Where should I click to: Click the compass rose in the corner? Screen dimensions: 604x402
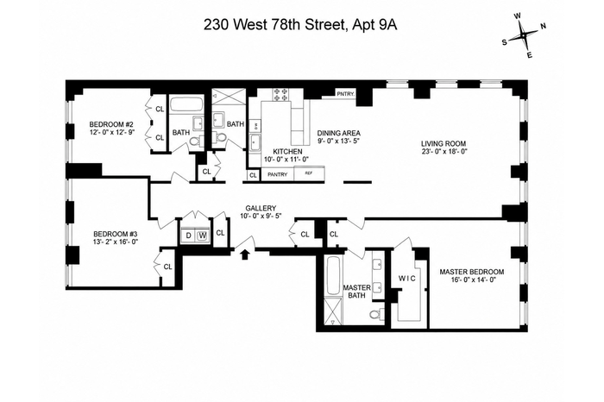click(x=524, y=35)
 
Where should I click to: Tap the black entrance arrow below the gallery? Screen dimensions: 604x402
click(x=244, y=254)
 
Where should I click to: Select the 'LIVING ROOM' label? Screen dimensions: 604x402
click(x=444, y=143)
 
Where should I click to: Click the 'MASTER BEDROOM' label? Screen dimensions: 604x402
click(x=472, y=272)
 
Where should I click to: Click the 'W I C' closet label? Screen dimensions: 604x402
click(x=406, y=279)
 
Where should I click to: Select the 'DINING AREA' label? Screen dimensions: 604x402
click(x=339, y=133)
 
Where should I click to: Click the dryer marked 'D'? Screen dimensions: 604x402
click(x=188, y=236)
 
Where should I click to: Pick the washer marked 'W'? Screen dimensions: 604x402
click(x=202, y=236)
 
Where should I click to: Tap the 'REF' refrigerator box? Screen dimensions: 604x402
click(x=309, y=173)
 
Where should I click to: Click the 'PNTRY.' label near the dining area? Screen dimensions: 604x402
click(x=345, y=93)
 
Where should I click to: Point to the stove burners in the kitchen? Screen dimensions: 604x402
click(x=280, y=95)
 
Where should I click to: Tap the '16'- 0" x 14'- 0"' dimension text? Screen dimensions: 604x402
click(x=472, y=280)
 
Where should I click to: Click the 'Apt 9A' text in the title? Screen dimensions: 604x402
click(x=373, y=25)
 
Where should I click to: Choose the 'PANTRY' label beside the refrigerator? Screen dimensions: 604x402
click(x=277, y=174)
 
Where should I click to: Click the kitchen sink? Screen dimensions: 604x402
click(x=255, y=143)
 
